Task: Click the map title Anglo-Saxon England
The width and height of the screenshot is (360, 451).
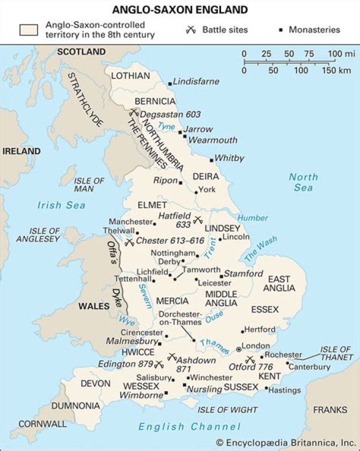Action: click(x=179, y=9)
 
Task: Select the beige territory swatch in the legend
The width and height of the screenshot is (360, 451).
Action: click(x=29, y=29)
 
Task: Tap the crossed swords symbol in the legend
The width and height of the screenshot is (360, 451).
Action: click(x=190, y=30)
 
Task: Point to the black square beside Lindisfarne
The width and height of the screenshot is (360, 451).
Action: click(x=170, y=83)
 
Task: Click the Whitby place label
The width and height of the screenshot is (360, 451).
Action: click(x=229, y=158)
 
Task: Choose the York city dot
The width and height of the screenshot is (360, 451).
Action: click(x=195, y=191)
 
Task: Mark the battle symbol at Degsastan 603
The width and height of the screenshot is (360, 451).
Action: click(x=133, y=113)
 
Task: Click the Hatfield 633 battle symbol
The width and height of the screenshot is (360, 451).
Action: click(x=197, y=219)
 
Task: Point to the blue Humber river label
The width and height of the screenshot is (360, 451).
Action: click(x=252, y=218)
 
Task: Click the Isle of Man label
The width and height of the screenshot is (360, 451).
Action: click(x=88, y=184)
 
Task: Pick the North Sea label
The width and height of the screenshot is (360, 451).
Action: click(x=303, y=182)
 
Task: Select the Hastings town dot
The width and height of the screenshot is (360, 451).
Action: click(x=266, y=388)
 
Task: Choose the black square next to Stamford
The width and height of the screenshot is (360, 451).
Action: click(x=221, y=276)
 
